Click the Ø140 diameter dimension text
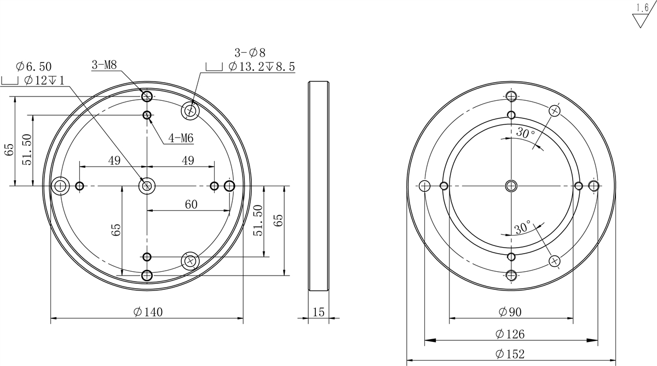coord(148,312)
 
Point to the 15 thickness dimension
coord(318,312)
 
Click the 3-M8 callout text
coord(104,65)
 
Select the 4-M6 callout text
coord(181,138)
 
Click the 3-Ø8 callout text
coord(250,53)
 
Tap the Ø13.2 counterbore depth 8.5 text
coord(262,67)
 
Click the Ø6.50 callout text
coord(34,67)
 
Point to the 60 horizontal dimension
coord(191,204)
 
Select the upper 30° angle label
coord(525,133)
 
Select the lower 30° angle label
coord(522,227)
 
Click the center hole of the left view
coord(146,186)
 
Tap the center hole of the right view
coord(511,186)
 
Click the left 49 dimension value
coord(114,161)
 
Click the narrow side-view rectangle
coord(318,186)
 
